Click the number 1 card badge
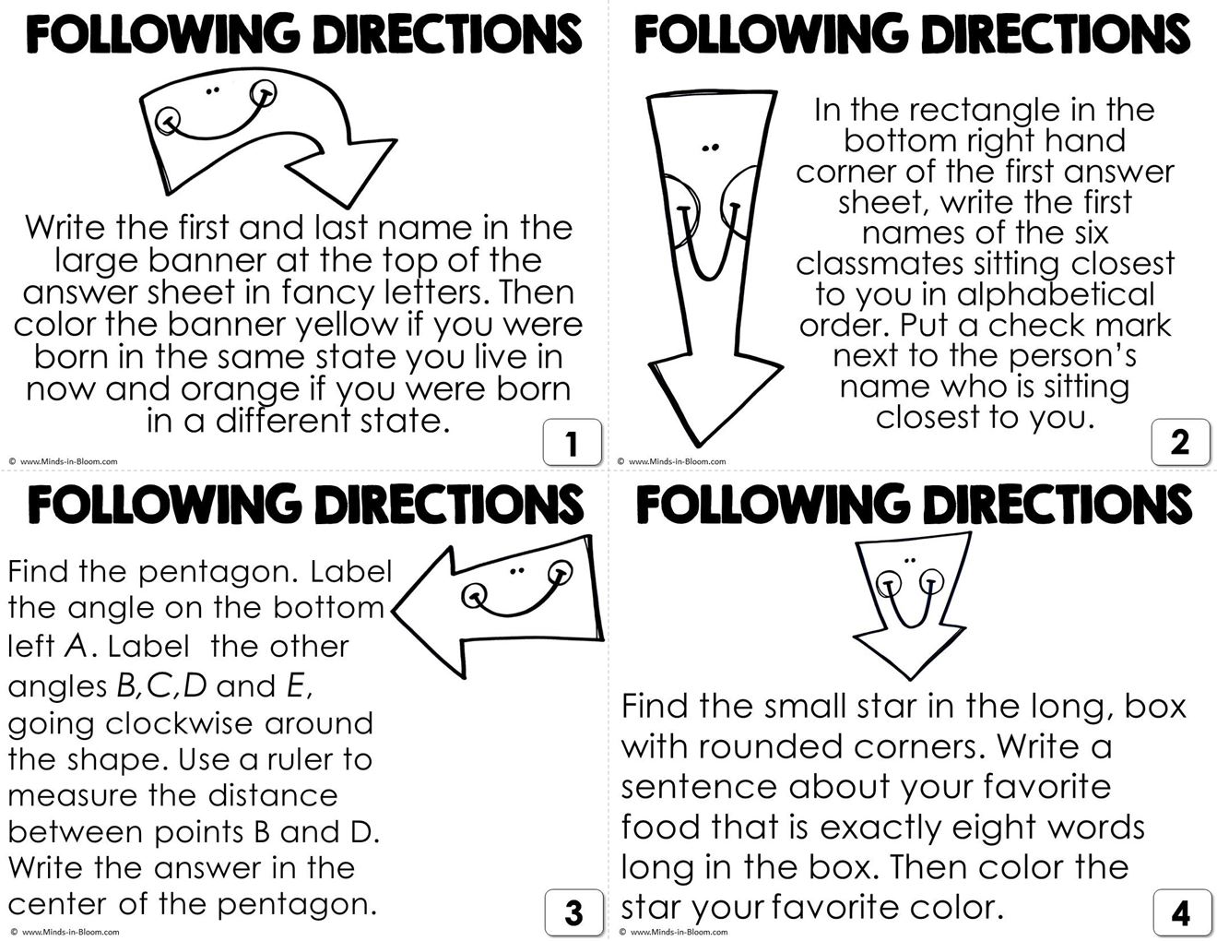pos(572,443)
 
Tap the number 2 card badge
pos(1180,443)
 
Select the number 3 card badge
pos(573,912)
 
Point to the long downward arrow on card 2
pos(710,258)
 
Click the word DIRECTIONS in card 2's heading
pos(1057,35)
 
